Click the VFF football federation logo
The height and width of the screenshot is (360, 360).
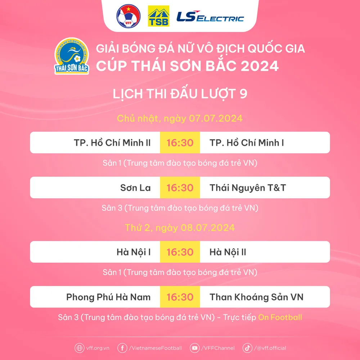[129, 16]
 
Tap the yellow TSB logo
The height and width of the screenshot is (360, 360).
[158, 16]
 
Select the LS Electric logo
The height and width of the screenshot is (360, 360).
[210, 17]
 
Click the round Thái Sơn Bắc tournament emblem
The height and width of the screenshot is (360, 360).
[72, 56]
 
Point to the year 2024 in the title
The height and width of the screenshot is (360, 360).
[260, 66]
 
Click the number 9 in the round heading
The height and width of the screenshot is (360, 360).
[243, 94]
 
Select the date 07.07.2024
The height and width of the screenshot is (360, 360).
[216, 118]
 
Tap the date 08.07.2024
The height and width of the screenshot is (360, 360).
[208, 228]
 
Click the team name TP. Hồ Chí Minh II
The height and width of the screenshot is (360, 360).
[112, 143]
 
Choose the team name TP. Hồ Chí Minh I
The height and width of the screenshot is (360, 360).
[247, 143]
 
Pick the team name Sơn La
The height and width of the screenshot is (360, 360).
[135, 188]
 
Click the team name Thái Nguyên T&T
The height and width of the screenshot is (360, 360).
[248, 188]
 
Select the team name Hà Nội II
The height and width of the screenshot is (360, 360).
[228, 252]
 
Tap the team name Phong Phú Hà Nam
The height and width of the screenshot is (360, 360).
[108, 297]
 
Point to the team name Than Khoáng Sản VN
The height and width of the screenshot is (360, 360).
[256, 297]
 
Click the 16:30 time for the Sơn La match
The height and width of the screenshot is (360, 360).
[180, 188]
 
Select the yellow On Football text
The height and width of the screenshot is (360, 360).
[280, 317]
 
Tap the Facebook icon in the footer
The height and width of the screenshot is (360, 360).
[122, 348]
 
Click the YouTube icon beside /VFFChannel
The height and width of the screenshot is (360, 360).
[195, 348]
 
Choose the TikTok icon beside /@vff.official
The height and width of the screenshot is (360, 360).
[247, 348]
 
